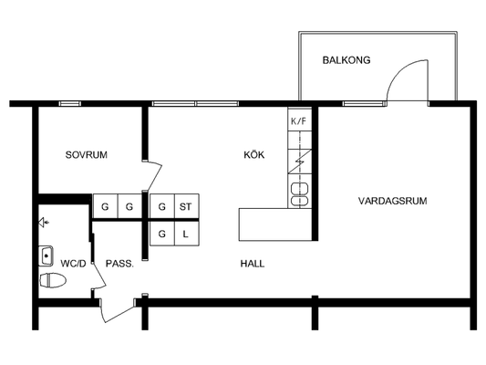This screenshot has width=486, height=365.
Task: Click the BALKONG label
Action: (346, 60)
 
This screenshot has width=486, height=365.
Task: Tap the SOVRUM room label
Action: (86, 155)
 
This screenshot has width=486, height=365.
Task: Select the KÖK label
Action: (253, 154)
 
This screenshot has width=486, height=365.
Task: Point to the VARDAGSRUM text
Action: (392, 201)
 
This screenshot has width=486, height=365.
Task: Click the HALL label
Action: (253, 264)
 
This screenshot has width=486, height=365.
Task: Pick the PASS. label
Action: (119, 264)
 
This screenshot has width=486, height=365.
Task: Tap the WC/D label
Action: (73, 264)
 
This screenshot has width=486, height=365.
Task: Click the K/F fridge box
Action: (299, 120)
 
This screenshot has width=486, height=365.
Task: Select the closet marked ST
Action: (187, 206)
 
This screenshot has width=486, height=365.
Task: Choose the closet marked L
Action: (187, 234)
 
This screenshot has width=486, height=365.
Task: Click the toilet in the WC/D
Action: (53, 281)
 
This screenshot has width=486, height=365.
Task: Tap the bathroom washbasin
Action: (46, 255)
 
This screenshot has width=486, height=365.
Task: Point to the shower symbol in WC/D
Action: (44, 223)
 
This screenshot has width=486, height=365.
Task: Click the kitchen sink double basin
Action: (299, 194)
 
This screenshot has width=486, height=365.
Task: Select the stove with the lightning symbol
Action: (299, 162)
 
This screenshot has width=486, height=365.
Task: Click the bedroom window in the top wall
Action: (70, 104)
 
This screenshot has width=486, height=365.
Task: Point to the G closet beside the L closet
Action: (162, 234)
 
